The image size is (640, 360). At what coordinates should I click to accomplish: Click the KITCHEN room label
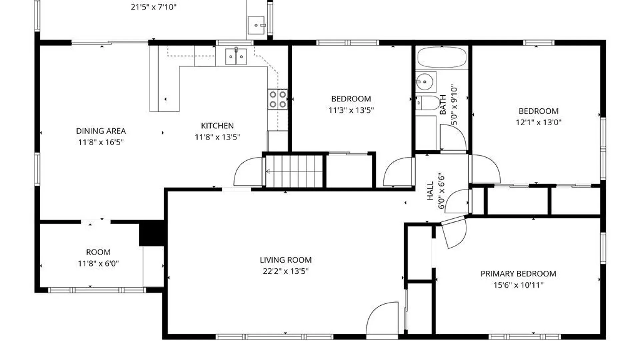(217, 126)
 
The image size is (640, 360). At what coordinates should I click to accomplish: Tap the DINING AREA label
(101, 131)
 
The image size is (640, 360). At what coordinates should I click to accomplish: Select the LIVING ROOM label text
(286, 260)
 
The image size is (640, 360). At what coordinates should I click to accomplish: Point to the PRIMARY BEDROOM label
(518, 274)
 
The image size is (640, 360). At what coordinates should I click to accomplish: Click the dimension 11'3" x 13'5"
(351, 110)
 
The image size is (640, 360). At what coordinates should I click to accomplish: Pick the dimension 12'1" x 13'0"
(538, 122)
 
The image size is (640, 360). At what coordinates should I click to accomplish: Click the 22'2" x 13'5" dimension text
(286, 271)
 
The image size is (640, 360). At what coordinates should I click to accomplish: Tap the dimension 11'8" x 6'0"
(98, 263)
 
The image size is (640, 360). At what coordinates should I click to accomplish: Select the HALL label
(430, 191)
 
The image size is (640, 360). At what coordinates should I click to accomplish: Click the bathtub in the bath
(442, 57)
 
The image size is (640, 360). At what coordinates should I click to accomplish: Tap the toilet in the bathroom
(428, 103)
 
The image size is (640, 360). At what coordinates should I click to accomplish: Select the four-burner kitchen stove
(277, 99)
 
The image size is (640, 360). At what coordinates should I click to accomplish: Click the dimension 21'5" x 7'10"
(153, 7)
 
